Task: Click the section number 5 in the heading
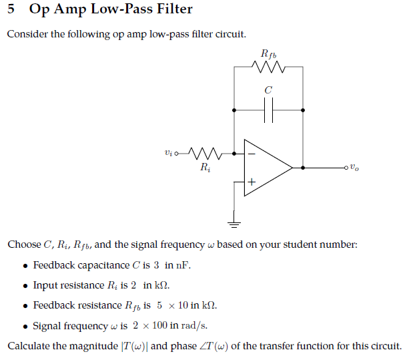point(11,9)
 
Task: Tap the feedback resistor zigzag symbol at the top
point(268,67)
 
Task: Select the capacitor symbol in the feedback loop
point(268,110)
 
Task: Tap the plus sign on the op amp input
point(252,182)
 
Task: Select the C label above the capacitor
point(268,89)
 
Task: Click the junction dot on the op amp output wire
point(304,168)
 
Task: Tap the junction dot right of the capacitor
point(304,110)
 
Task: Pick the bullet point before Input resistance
point(25,286)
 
